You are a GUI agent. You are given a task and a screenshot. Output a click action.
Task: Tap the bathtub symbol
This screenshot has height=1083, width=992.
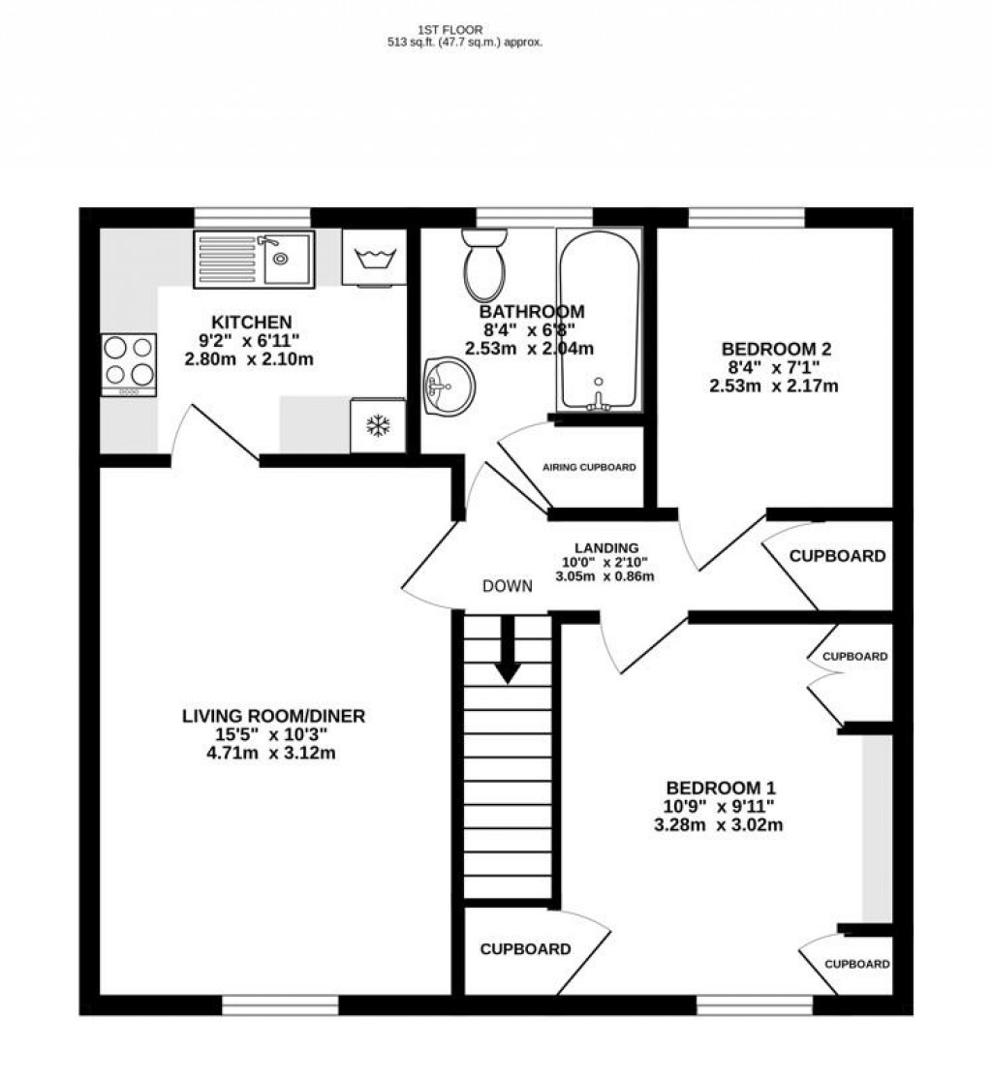point(599,322)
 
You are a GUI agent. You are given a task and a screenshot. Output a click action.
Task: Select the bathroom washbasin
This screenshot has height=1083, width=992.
point(449,387)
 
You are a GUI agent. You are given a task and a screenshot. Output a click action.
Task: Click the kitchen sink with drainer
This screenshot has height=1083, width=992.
point(254,259)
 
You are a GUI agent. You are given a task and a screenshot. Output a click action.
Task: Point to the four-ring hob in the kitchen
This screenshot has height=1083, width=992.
point(129,364)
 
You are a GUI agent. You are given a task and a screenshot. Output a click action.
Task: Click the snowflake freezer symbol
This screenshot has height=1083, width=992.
point(378,425)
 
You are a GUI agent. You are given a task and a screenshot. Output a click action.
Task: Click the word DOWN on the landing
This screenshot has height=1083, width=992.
point(508,586)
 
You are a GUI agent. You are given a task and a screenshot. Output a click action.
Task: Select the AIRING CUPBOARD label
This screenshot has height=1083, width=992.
point(589,468)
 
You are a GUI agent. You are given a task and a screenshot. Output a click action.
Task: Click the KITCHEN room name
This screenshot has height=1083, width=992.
point(252,322)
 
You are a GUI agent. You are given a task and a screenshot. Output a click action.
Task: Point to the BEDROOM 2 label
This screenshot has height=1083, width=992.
point(776,349)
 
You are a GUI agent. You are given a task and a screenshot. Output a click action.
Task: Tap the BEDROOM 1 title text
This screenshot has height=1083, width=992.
point(721,788)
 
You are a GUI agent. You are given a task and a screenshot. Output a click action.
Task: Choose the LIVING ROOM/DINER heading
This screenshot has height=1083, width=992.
point(273,716)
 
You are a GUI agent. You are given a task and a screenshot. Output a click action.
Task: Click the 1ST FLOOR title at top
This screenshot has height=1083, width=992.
point(449,30)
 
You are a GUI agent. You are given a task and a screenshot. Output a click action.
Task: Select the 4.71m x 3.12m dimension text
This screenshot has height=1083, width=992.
point(271,753)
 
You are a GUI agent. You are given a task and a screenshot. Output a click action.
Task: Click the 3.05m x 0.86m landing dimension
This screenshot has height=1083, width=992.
point(604,576)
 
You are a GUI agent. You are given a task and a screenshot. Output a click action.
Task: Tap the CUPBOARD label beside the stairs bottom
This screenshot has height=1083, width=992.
point(526,949)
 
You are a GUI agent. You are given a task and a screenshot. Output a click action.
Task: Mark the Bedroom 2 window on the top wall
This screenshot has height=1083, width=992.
point(747,217)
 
